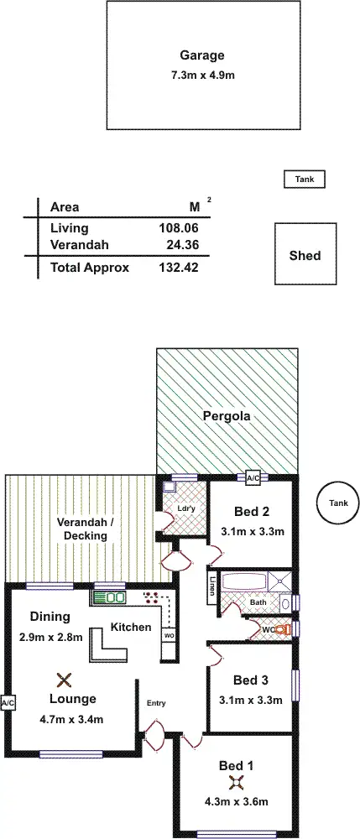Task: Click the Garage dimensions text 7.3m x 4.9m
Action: tap(201, 76)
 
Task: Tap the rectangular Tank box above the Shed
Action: tap(303, 179)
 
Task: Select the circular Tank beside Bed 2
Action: tap(337, 503)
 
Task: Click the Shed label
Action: tap(305, 255)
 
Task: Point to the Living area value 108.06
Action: tap(178, 227)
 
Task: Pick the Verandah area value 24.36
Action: tap(182, 245)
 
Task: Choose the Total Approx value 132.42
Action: tap(178, 268)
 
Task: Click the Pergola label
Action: tap(227, 415)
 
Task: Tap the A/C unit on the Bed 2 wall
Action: tap(253, 477)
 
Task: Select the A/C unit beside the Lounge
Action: tap(8, 702)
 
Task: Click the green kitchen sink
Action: tap(109, 597)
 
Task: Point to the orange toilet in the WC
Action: tap(284, 628)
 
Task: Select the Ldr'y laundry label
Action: tap(186, 509)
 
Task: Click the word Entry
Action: tap(157, 703)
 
